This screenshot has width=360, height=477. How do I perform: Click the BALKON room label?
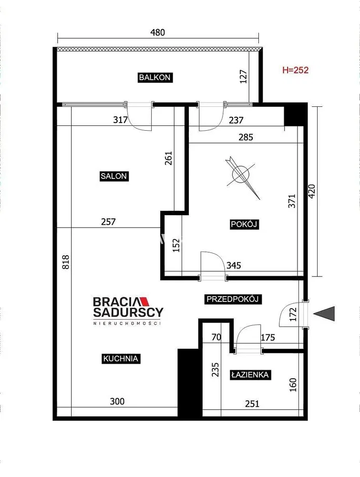(155, 77)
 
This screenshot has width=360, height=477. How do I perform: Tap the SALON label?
(113, 176)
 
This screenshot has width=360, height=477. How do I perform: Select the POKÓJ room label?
(244, 225)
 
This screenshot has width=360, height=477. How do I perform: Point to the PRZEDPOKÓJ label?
(233, 299)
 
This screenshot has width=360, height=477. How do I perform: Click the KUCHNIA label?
(121, 358)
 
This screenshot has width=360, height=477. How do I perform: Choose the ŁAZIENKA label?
(250, 374)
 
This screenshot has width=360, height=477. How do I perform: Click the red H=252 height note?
(296, 70)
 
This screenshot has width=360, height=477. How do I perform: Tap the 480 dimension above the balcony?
(158, 32)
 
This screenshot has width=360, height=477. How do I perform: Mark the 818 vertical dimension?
(66, 262)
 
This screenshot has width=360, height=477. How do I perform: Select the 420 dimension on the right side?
(312, 192)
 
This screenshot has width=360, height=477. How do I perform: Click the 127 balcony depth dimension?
(244, 77)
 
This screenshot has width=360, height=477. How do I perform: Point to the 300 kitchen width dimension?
(117, 402)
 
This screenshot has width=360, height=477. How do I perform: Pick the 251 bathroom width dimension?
(252, 404)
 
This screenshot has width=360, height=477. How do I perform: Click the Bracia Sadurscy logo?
(128, 311)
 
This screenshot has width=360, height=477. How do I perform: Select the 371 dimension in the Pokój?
(292, 201)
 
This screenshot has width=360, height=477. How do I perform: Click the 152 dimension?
(176, 245)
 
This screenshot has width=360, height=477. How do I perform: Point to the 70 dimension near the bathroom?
(216, 337)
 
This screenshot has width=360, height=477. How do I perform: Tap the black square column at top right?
(295, 114)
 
